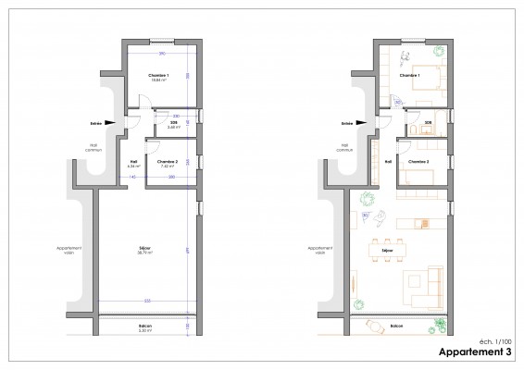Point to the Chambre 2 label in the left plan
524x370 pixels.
(168, 162)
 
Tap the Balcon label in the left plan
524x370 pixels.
(145, 325)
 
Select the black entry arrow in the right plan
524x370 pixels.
(364, 121)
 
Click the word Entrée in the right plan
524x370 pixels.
(346, 121)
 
